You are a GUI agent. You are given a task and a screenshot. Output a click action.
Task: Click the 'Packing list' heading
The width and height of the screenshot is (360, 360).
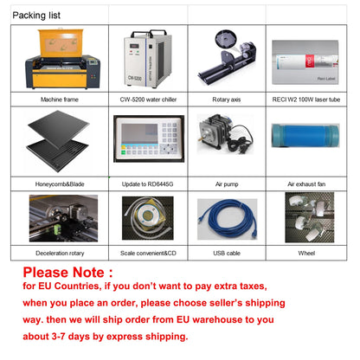[36, 15]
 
